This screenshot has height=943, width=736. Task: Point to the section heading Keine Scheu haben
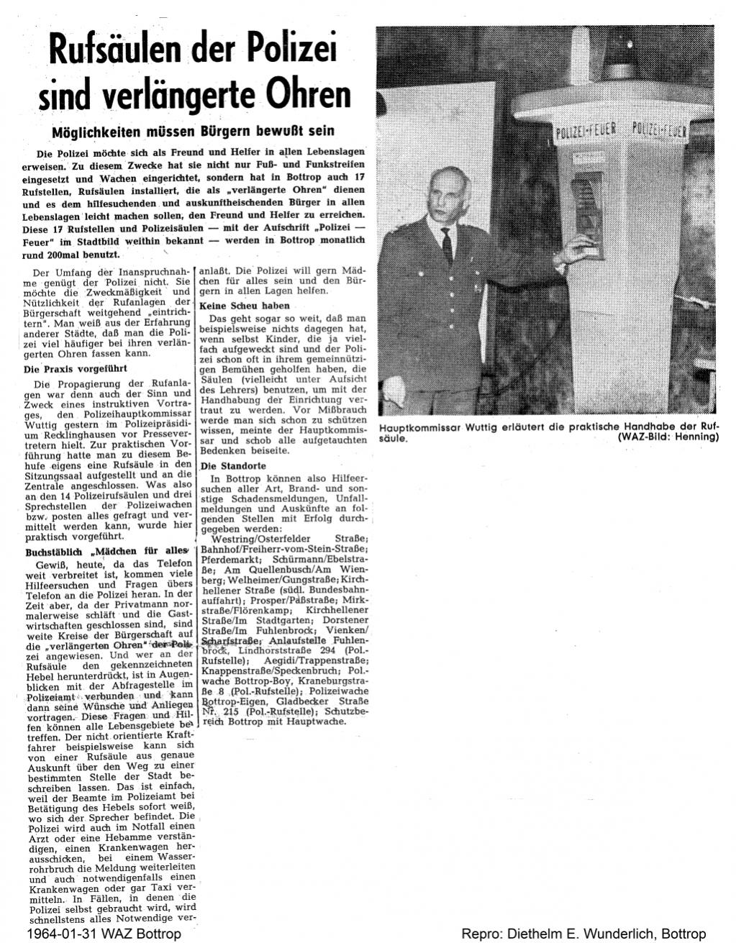click(x=240, y=306)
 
